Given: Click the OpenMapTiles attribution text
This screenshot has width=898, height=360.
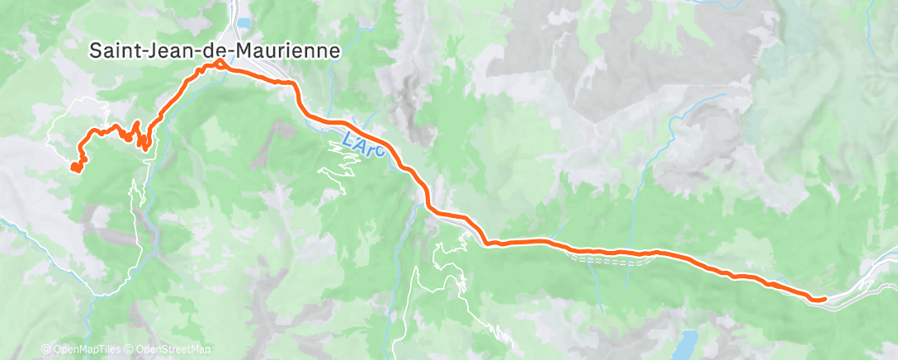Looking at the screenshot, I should pos(87,349).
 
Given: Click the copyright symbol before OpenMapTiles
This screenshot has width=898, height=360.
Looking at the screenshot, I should pos(45,349).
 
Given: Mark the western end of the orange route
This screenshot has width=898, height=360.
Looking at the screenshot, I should pos(75,168).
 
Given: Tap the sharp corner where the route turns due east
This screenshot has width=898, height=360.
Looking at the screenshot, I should pos(488,244).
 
